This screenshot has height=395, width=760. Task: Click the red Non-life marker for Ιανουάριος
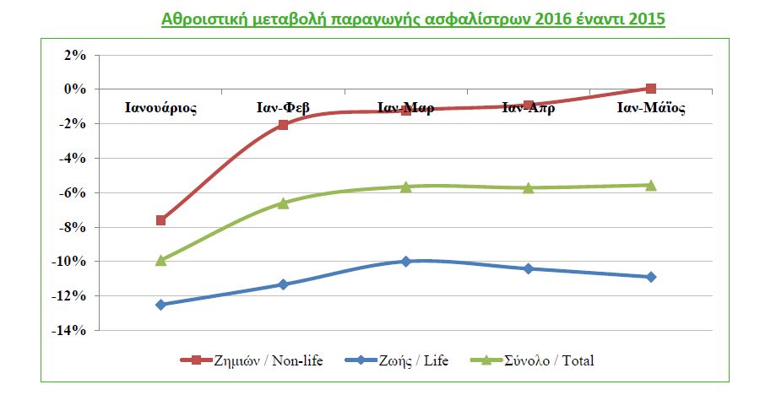pyautogui.click(x=160, y=220)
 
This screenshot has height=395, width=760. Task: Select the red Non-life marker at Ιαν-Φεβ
pyautogui.click(x=283, y=125)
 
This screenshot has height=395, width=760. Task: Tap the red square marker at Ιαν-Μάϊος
pyautogui.click(x=651, y=89)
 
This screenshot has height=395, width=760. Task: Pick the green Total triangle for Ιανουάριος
pyautogui.click(x=160, y=260)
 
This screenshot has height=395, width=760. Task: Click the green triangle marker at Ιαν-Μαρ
pyautogui.click(x=405, y=187)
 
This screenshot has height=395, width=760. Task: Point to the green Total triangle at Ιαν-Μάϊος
pyautogui.click(x=651, y=185)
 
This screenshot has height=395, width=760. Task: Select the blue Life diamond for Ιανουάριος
pyautogui.click(x=160, y=305)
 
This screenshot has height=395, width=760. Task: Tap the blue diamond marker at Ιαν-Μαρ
pyautogui.click(x=405, y=262)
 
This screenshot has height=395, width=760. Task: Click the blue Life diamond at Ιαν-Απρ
pyautogui.click(x=529, y=268)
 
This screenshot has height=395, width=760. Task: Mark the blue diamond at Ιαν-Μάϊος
pyautogui.click(x=651, y=277)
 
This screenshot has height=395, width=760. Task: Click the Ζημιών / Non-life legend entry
pyautogui.click(x=252, y=360)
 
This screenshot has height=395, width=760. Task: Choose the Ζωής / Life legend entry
pyautogui.click(x=397, y=360)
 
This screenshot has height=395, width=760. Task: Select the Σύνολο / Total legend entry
pyautogui.click(x=532, y=360)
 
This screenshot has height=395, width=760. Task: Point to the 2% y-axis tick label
pyautogui.click(x=75, y=55)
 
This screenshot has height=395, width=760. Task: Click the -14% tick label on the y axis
pyautogui.click(x=69, y=331)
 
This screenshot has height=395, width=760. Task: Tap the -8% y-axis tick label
pyautogui.click(x=73, y=227)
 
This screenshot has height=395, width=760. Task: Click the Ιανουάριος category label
pyautogui.click(x=161, y=107)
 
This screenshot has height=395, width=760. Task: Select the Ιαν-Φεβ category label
pyautogui.click(x=283, y=107)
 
